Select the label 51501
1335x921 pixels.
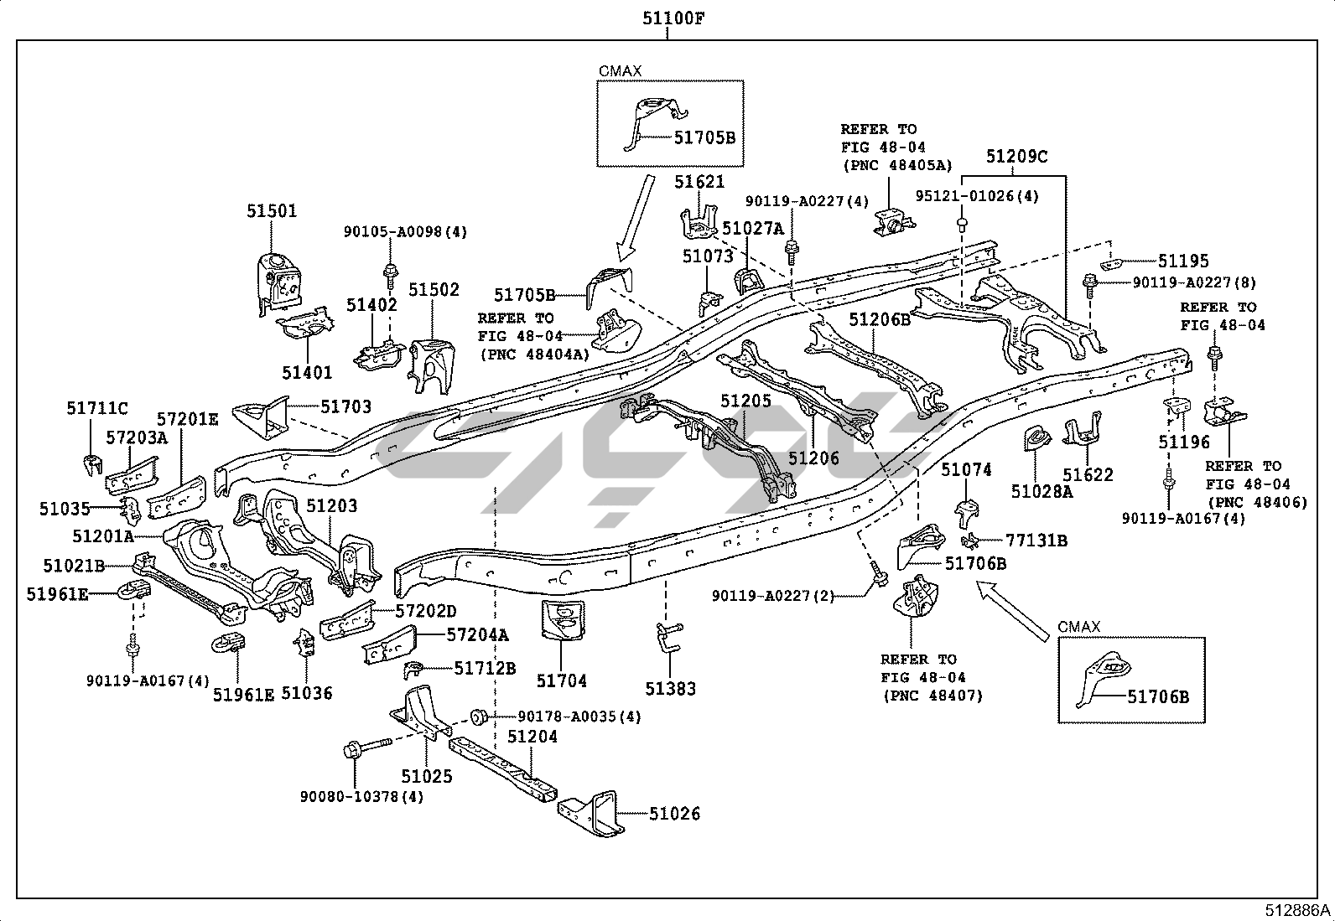tap(272, 212)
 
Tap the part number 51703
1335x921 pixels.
tap(345, 407)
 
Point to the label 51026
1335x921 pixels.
tap(675, 814)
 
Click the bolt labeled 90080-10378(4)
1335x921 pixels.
tap(369, 746)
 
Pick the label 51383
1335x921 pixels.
tap(670, 689)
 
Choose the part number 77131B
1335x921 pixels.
tap(1036, 541)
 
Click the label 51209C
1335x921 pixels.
tap(1016, 157)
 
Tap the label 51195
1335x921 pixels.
tap(1183, 261)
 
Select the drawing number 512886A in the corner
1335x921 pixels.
tap(1298, 911)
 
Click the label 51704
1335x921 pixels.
tap(562, 681)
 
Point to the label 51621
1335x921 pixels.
tap(699, 182)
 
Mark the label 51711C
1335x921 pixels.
tap(97, 408)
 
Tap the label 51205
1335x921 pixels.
tap(745, 401)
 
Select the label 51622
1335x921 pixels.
tap(1088, 475)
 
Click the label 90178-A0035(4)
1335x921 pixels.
tap(579, 716)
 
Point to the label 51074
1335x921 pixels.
tap(966, 470)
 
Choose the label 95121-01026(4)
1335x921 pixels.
tap(977, 196)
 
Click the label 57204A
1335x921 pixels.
tap(477, 635)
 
